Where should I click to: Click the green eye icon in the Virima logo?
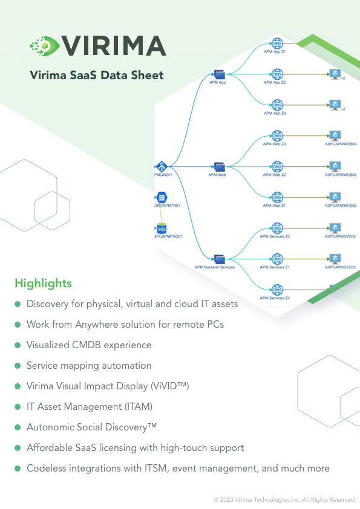[x=44, y=45]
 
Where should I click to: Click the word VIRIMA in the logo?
[x=114, y=45]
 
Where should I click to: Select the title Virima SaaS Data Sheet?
[x=97, y=76]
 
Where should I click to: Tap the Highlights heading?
[x=43, y=283]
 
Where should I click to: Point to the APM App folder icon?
[x=218, y=74]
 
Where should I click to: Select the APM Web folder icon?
[x=218, y=167]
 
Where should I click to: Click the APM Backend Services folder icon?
[x=218, y=259]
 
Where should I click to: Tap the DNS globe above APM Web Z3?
[x=277, y=136]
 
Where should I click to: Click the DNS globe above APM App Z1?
[x=278, y=44]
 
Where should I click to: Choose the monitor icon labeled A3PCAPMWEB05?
[x=333, y=166]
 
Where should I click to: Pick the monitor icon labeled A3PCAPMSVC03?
[x=333, y=259]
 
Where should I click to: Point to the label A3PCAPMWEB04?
[x=341, y=144]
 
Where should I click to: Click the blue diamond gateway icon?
[x=162, y=167]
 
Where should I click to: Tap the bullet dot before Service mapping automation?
[x=18, y=366]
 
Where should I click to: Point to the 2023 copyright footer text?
[x=284, y=500]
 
